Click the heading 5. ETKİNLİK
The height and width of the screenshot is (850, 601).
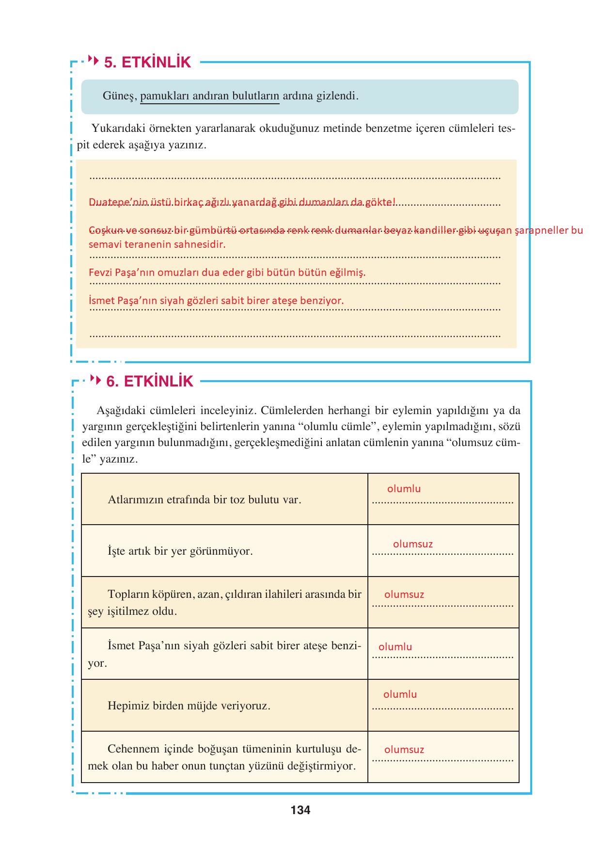pos(147,63)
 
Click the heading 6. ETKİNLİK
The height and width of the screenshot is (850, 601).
pos(149,382)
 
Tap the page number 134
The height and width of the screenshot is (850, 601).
pos(300,810)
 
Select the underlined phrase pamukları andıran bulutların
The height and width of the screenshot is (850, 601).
pos(209,96)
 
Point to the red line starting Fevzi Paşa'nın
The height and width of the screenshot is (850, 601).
pos(227,273)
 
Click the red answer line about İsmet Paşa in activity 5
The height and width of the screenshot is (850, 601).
pos(216,301)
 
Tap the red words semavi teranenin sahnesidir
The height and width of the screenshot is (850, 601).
pos(157,244)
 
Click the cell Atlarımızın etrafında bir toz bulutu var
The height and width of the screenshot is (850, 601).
pos(205,499)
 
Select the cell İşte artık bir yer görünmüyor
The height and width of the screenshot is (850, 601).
pos(180,551)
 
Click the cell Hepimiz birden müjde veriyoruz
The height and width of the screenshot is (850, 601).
pos(189,706)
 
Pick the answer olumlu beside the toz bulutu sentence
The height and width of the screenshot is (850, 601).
pos(404,489)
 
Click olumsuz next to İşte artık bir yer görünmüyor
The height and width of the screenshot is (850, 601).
pos(412,544)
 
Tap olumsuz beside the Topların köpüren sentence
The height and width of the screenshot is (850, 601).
pos(404,594)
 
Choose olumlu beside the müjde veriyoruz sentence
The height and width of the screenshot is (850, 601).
pos(400,694)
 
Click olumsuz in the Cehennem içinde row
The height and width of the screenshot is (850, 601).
pos(404,750)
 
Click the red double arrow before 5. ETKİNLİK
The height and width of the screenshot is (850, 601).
pos(95,61)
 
